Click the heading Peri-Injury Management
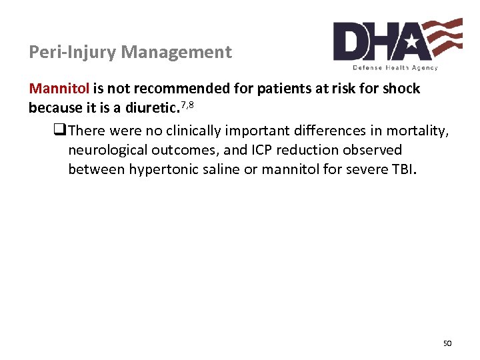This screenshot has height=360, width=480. [131, 52]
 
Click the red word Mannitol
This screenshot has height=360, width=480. [53, 89]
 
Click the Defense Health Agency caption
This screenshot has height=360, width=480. [395, 68]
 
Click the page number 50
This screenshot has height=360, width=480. [447, 343]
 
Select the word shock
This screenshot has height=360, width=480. [402, 89]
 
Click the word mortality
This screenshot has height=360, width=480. [421, 129]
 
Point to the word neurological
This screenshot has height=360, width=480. [104, 150]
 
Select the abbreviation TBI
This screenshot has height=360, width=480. [402, 169]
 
